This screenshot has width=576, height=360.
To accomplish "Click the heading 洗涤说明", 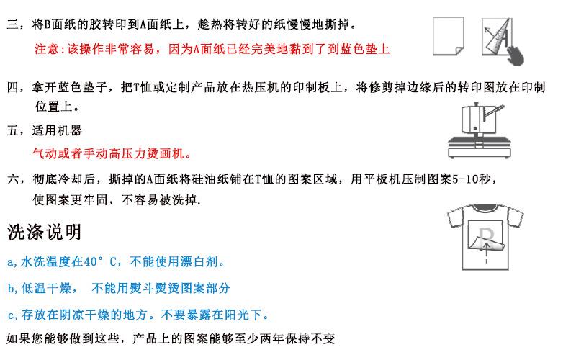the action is coord(44,232).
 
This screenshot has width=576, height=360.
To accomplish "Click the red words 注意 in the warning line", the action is coord(45,50).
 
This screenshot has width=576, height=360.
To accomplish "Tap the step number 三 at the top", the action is coord(11,25).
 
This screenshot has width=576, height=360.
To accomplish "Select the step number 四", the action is coord(11,88).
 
